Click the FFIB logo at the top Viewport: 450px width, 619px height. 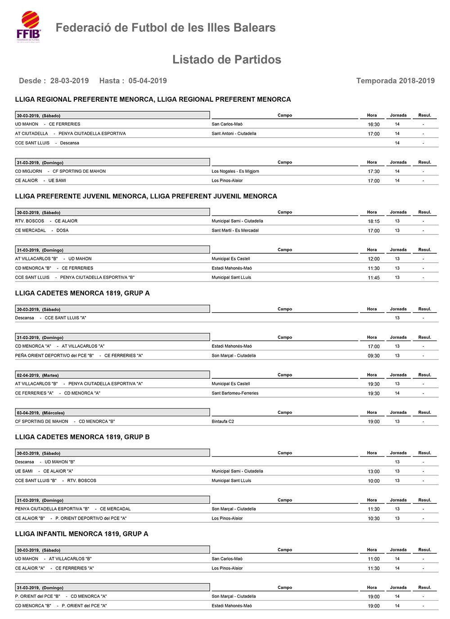29,27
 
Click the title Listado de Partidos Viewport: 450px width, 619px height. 226,59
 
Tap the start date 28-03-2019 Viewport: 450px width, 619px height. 69,81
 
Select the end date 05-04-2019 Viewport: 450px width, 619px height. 148,81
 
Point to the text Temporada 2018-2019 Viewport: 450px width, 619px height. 395,81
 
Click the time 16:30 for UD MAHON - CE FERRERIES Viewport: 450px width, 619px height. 373,125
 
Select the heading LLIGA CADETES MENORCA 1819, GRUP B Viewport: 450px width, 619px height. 82,437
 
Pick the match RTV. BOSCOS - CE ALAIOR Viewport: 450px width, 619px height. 46,221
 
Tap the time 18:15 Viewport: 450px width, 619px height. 373,221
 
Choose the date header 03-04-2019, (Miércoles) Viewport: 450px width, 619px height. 40,413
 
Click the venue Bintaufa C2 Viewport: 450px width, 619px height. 223,422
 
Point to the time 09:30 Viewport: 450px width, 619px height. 373,356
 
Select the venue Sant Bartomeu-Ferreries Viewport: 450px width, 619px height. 235,393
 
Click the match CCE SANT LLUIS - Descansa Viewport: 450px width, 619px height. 47,143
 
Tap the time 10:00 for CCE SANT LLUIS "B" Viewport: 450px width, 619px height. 373,481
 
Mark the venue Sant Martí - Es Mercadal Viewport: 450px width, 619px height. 235,230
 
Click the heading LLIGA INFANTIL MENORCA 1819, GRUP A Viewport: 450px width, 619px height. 81,534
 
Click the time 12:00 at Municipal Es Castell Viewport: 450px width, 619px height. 373,259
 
